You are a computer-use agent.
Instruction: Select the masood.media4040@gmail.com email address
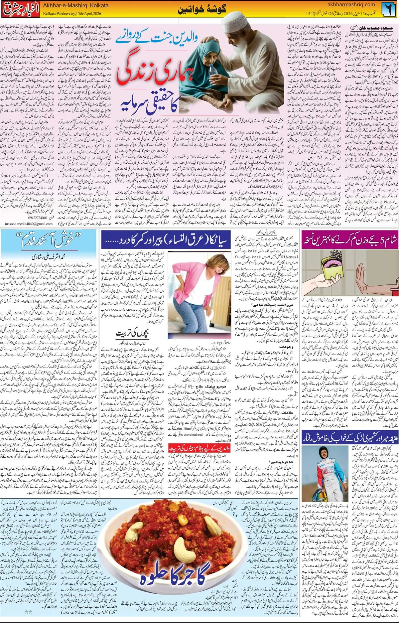click(x=29, y=224)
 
